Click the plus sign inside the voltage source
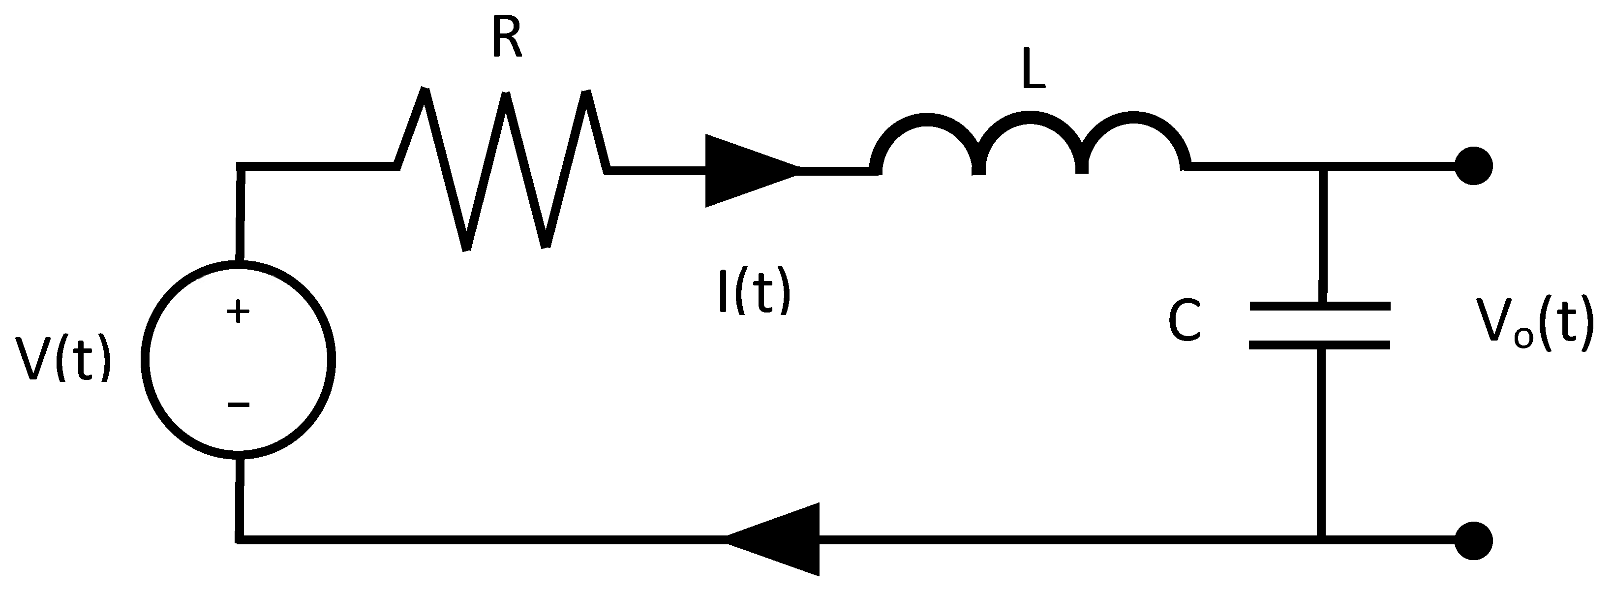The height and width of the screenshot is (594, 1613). click(x=238, y=312)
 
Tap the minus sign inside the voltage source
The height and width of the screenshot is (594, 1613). click(x=238, y=405)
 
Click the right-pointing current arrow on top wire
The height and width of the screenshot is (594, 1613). click(x=748, y=170)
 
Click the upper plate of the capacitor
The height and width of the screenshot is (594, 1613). click(x=1320, y=307)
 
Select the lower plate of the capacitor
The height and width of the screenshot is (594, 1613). click(x=1320, y=344)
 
